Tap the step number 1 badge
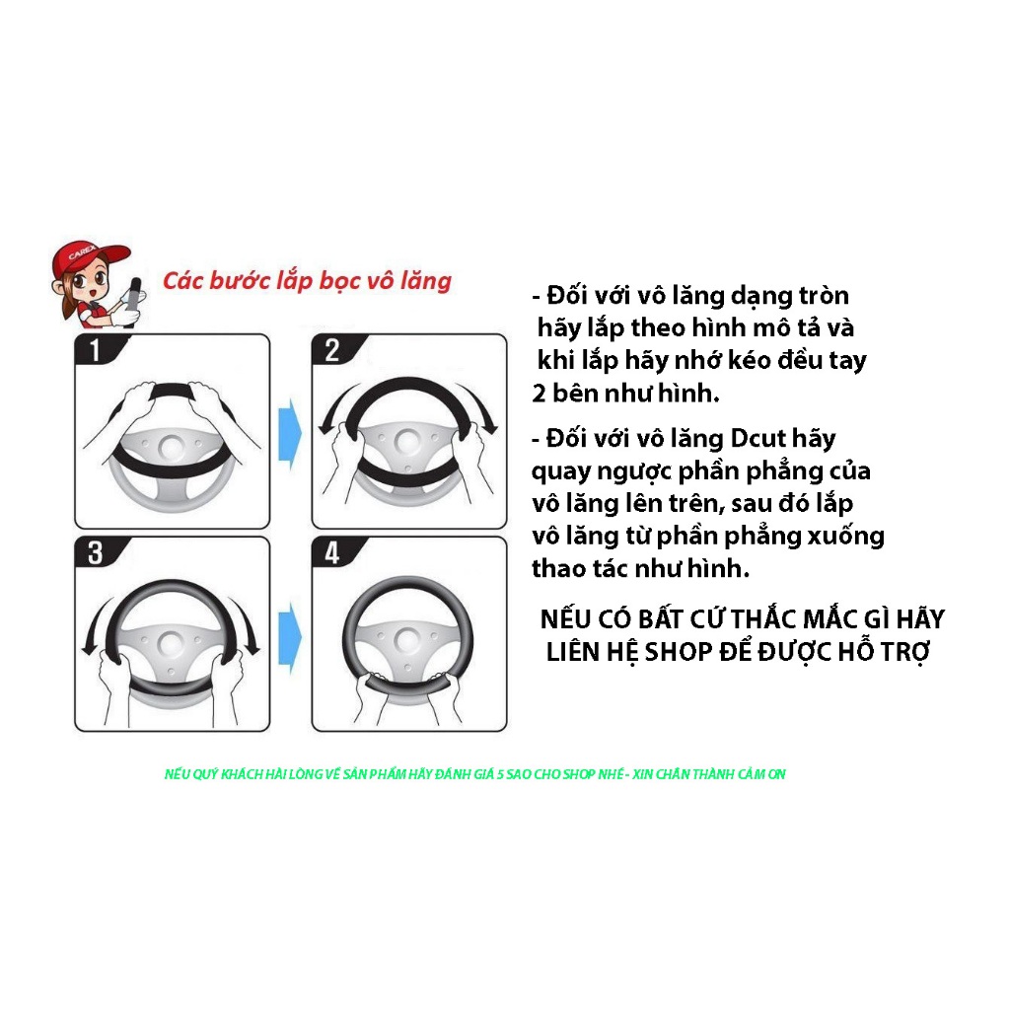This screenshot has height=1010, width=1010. [97, 350]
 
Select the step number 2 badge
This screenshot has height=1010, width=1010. [333, 350]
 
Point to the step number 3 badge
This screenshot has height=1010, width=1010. [97, 553]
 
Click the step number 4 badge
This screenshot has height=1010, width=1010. [333, 553]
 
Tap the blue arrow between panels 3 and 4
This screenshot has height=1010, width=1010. [290, 638]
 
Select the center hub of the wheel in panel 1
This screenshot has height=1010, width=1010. [172, 447]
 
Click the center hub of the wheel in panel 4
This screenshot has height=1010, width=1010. [407, 640]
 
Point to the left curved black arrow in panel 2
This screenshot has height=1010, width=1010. [336, 403]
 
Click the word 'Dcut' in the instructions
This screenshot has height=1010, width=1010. [757, 439]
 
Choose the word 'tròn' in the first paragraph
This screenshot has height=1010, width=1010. [824, 296]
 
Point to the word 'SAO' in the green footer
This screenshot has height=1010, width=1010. [519, 774]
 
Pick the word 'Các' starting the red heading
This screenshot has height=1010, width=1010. [182, 281]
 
